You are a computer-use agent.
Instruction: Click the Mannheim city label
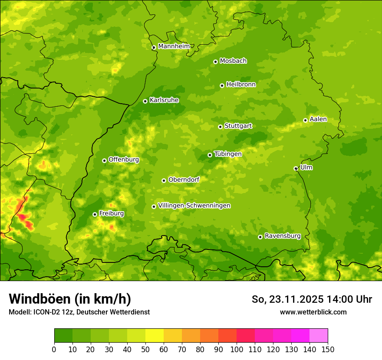pos(174,46)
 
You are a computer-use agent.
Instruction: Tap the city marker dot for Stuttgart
pos(220,127)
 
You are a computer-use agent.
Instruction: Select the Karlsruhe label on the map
pos(164,100)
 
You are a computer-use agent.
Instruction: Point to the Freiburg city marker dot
pos(95,214)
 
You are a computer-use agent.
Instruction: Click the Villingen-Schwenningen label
pos(194,206)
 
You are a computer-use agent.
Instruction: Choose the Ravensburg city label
pos(283,236)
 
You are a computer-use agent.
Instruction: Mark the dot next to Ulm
pos(296,168)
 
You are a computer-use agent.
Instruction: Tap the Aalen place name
pos(318,119)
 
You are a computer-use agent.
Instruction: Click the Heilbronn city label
pos(241,85)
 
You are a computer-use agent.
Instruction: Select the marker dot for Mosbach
pos(215,62)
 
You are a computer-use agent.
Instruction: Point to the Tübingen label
pos(228,154)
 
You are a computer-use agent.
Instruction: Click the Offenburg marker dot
pos(104,160)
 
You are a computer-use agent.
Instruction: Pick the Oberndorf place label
pos(184,180)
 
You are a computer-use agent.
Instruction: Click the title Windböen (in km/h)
pos(70,299)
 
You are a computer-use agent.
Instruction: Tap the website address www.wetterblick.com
pos(313,312)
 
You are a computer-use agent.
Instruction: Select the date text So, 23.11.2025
pos(287,299)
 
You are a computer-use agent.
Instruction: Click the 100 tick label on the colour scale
pos(237,350)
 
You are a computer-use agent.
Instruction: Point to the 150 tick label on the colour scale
pos(328,350)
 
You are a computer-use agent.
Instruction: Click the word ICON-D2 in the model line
pos(46,312)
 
